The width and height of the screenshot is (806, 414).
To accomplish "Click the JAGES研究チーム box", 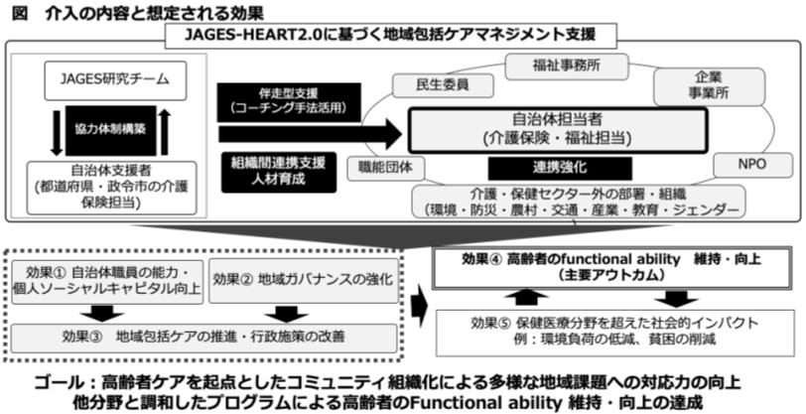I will pyautogui.click(x=107, y=77).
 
